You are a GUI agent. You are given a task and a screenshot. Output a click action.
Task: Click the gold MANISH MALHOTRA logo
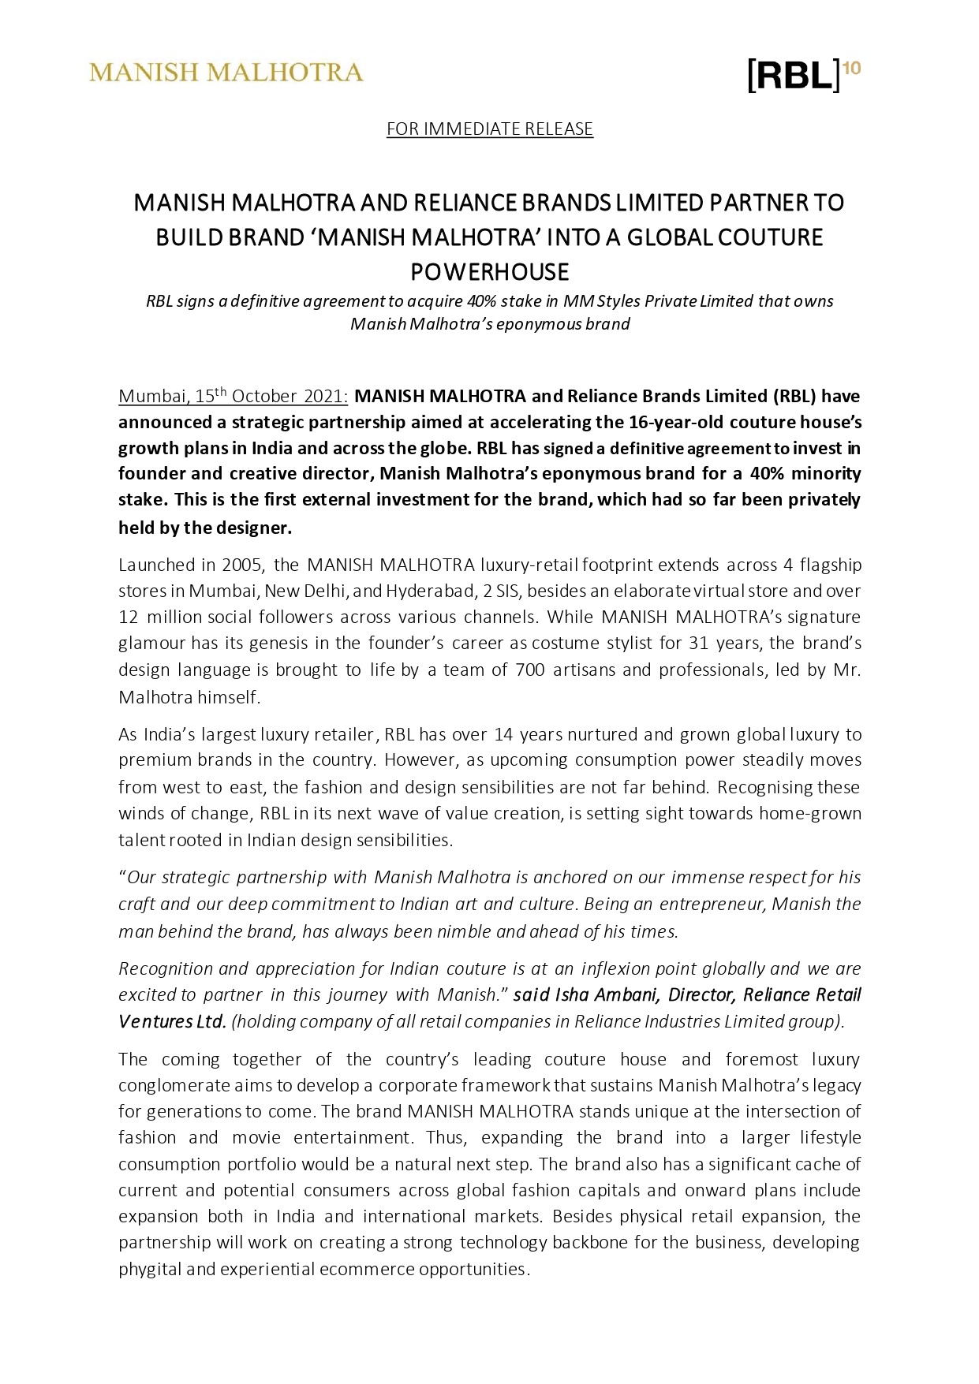click(x=226, y=73)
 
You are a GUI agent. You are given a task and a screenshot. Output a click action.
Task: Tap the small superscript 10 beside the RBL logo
click(x=852, y=68)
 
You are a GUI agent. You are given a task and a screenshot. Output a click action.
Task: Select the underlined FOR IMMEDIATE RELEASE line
click(x=489, y=129)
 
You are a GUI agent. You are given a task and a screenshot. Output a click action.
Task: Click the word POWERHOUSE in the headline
click(x=489, y=272)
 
